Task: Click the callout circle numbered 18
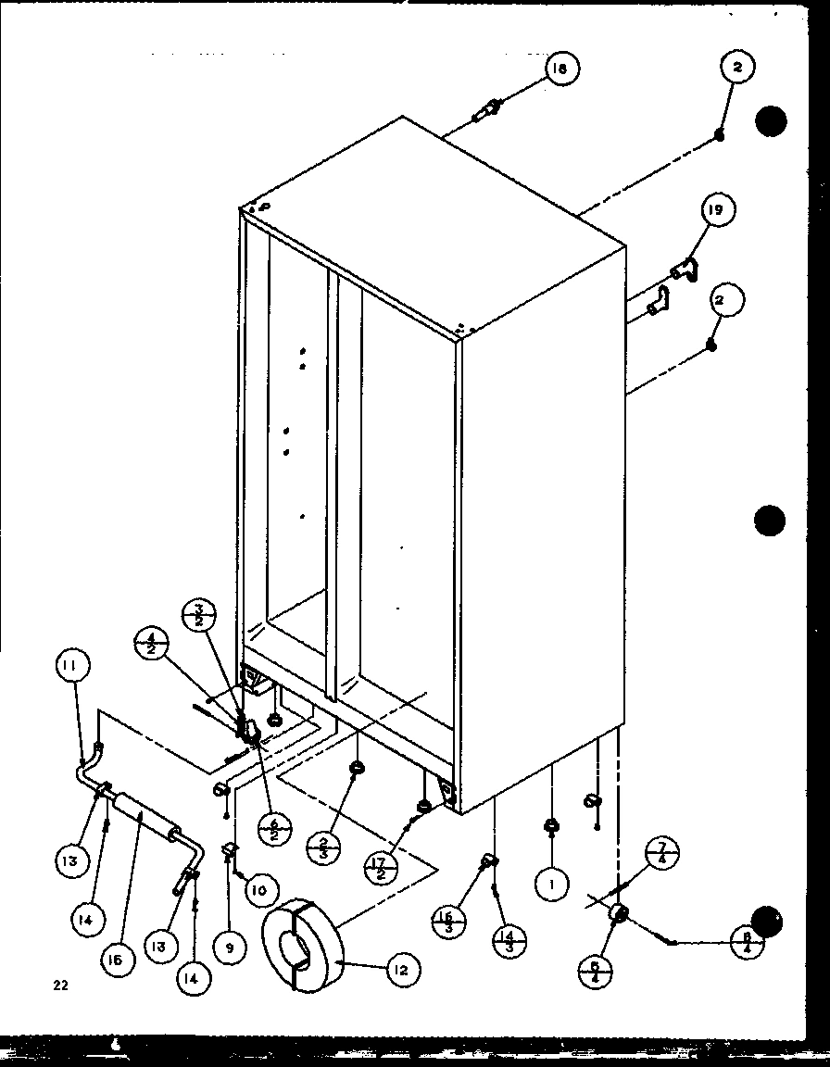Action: click(x=560, y=69)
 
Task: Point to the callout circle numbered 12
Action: click(x=401, y=970)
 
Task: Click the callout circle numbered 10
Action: click(x=259, y=890)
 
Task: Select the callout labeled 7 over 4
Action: click(x=662, y=851)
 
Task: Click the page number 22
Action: click(x=60, y=985)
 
